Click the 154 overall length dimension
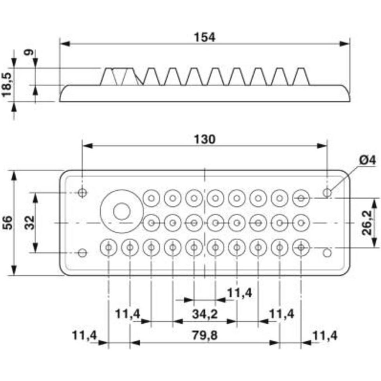(204, 37)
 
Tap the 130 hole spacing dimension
(204, 139)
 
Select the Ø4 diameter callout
(366, 160)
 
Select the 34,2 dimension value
(204, 314)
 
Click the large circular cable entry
(121, 211)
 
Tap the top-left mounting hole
(82, 192)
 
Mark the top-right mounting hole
(327, 192)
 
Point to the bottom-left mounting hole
(82, 253)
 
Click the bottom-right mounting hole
(327, 253)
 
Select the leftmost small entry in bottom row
(108, 247)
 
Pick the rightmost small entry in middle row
(301, 223)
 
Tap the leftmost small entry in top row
(151, 198)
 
